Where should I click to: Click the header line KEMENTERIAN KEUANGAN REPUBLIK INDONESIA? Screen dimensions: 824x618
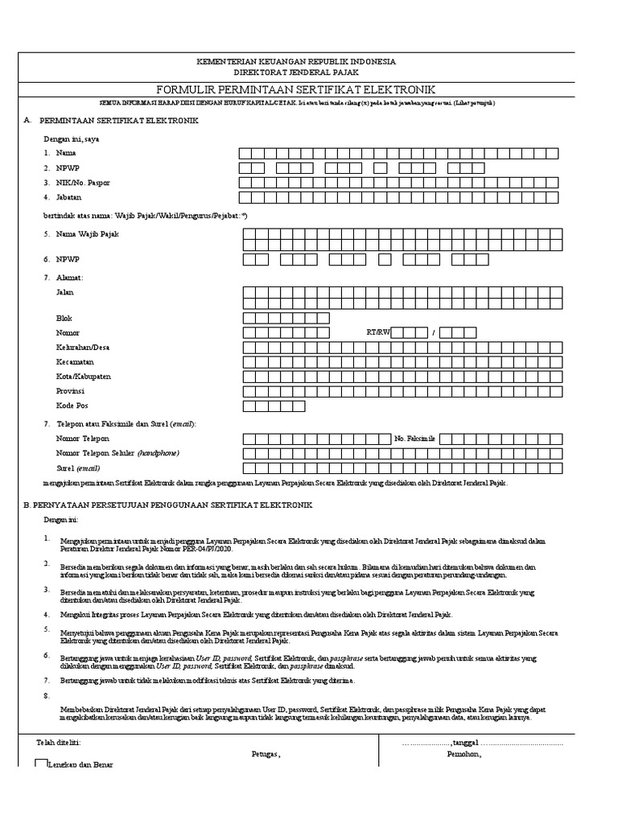tap(308, 62)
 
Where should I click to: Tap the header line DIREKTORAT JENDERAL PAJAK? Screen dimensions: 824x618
tap(308, 72)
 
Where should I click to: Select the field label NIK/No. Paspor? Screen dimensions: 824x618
tap(83, 183)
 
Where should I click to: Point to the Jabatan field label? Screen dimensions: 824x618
tap(71, 197)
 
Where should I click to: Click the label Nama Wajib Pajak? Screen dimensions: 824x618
tap(88, 234)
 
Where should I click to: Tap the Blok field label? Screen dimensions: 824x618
tap(64, 319)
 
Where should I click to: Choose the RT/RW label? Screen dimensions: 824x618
tap(377, 332)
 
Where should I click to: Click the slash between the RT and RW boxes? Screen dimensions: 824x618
tap(434, 333)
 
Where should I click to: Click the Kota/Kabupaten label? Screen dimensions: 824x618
tap(83, 377)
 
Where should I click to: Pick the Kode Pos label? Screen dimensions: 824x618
tap(72, 406)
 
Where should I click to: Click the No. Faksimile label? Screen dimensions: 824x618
tap(414, 439)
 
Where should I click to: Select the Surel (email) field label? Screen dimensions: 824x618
tap(78, 468)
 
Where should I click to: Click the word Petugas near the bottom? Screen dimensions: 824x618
tap(266, 755)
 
